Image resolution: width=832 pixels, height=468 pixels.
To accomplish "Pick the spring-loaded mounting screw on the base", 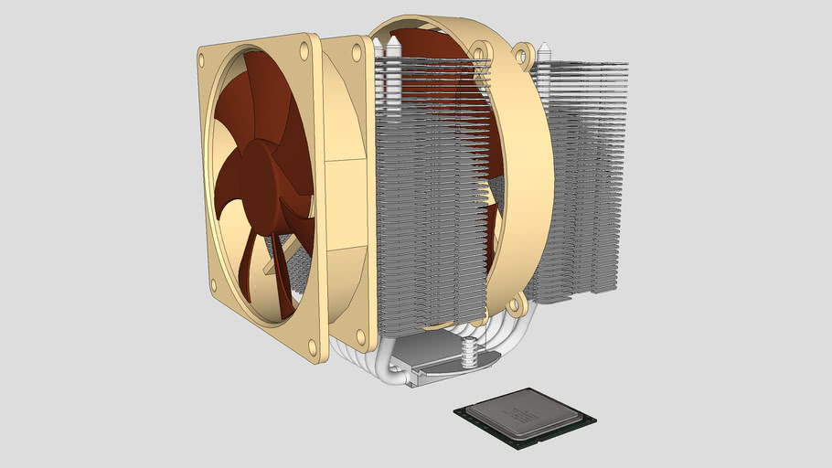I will [x=469, y=352].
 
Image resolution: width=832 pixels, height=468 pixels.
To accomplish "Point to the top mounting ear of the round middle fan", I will [x=523, y=53].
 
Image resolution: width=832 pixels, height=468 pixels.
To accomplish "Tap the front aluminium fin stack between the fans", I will [x=430, y=192].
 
